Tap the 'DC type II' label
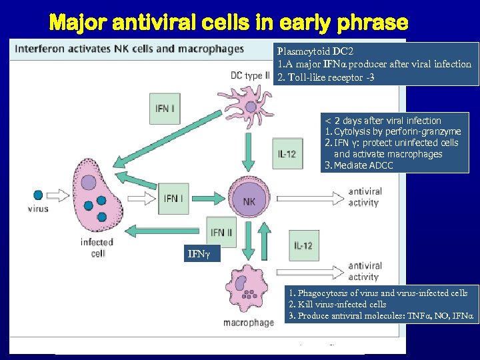pos(250,75)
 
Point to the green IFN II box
pos(222,232)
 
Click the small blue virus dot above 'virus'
pos(38,195)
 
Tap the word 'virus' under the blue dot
pos(38,209)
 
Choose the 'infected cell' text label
pos(97,247)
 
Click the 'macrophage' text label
pos(248,323)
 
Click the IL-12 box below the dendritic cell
pos(287,154)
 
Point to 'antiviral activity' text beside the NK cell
pos(365,197)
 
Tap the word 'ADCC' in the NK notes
pos(378,165)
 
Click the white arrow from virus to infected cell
pos(62,195)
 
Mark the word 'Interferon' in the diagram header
pos(41,49)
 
